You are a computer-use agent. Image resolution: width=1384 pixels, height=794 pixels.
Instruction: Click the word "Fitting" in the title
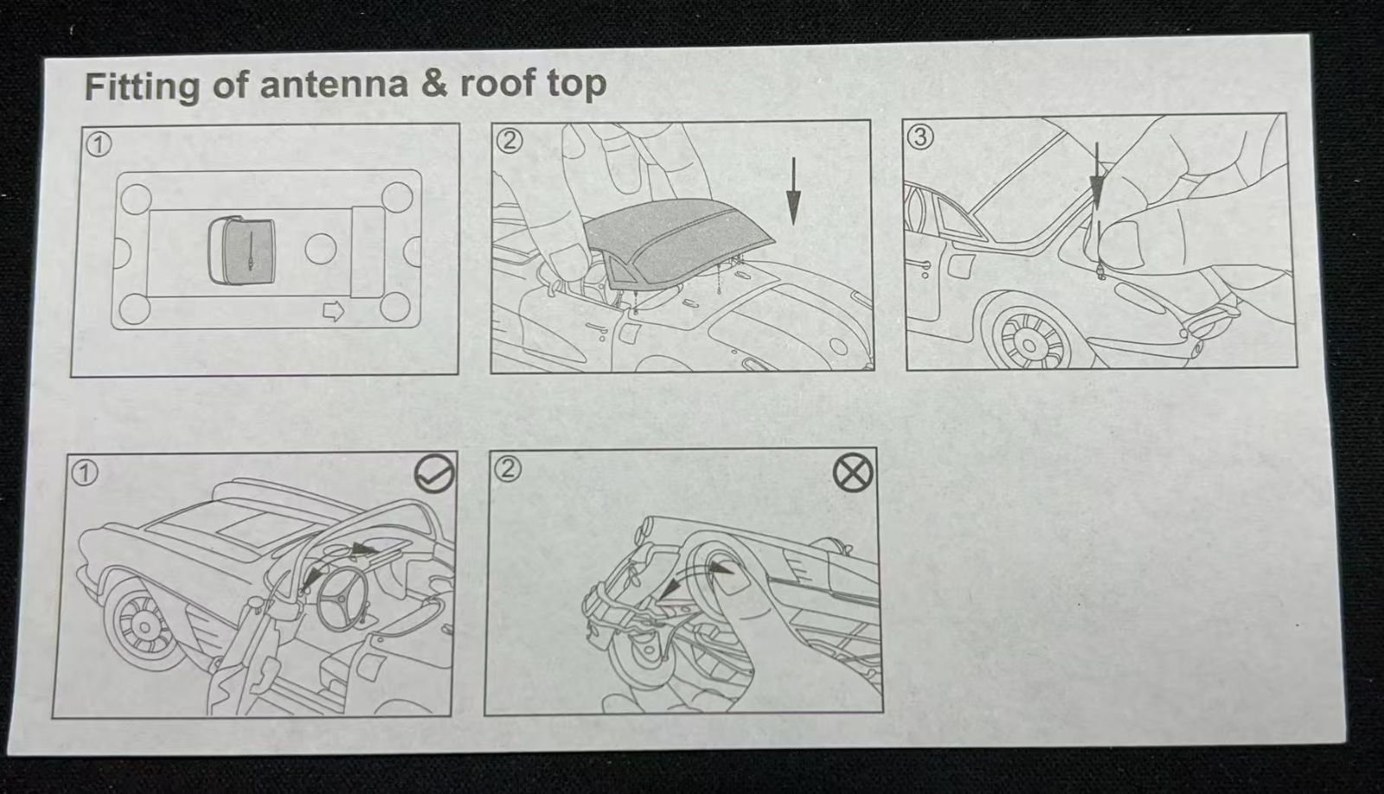(142, 87)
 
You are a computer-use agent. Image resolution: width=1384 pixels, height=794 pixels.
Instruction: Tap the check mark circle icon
(433, 474)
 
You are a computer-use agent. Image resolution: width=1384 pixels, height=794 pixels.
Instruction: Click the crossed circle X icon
(853, 474)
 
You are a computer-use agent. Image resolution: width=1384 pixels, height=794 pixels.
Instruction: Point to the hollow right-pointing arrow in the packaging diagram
(334, 311)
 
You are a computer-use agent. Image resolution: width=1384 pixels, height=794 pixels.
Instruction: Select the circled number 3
(920, 136)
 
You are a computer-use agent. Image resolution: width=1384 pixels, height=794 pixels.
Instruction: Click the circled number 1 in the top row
(99, 145)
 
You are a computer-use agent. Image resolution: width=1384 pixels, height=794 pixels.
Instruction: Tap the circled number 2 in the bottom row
(508, 469)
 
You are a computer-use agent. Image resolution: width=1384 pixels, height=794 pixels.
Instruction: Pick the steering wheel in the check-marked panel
(343, 598)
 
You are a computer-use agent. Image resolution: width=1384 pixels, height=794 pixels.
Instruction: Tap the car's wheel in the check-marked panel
(144, 626)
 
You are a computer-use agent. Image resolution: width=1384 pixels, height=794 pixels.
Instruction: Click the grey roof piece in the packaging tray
(241, 250)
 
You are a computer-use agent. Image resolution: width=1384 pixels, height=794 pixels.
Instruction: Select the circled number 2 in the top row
(509, 141)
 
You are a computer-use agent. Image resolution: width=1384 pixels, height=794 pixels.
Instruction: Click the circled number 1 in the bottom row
(85, 473)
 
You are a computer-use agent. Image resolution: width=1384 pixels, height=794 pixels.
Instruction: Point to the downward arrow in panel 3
(1098, 179)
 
